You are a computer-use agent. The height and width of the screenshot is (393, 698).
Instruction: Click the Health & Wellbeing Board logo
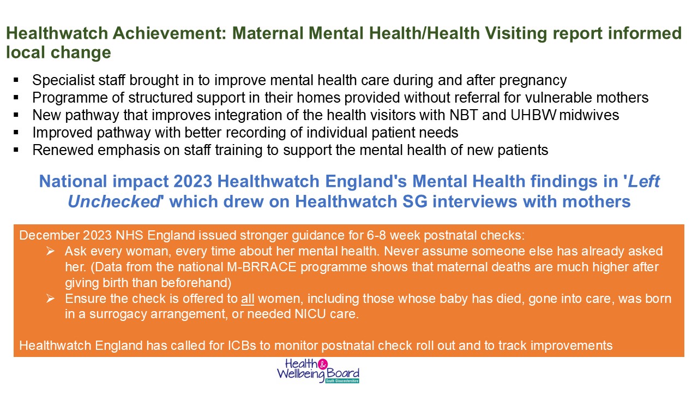318,371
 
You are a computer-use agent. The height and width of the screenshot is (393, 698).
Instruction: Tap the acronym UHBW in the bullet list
533,115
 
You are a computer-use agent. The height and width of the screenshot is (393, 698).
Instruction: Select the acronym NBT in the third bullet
464,115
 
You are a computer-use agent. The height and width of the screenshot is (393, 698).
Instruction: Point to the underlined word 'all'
248,299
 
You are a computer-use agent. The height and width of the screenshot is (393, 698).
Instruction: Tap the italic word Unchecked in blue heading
114,201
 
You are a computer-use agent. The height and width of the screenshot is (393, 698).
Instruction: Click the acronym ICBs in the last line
242,346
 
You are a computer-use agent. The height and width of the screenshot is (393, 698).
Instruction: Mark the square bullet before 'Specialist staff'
16,80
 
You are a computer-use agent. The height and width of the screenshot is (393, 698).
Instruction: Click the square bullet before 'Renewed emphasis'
16,150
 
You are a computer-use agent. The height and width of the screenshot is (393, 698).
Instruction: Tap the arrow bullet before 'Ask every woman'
51,251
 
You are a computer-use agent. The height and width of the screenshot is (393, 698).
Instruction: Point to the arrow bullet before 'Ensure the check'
51,299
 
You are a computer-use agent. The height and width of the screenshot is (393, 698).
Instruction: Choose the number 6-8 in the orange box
376,235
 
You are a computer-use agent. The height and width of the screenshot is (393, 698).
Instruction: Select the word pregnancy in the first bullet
533,80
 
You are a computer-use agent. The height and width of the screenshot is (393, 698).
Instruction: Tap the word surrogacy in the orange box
118,314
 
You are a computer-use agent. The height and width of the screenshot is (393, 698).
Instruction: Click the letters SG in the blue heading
415,201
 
